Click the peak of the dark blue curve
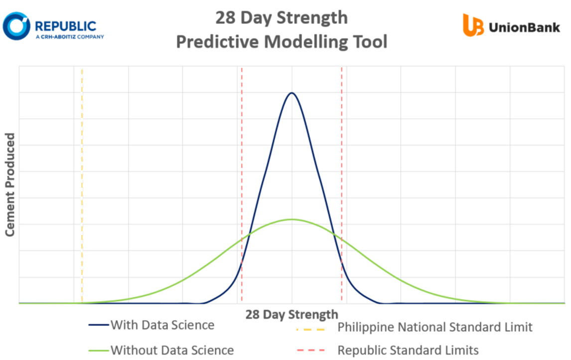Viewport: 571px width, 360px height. coord(291,93)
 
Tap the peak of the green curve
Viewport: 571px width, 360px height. coord(291,220)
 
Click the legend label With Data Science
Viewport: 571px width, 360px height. coord(162,326)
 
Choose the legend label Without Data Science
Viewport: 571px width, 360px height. coord(172,350)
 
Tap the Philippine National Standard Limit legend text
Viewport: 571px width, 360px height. coord(434,327)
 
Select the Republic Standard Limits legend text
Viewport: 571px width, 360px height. coord(408,350)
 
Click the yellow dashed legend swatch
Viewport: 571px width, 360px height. coord(310,329)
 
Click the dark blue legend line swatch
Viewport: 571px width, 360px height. coord(98,326)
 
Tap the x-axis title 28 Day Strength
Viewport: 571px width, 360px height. coord(291,315)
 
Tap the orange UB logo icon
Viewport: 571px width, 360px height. coord(473,25)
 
